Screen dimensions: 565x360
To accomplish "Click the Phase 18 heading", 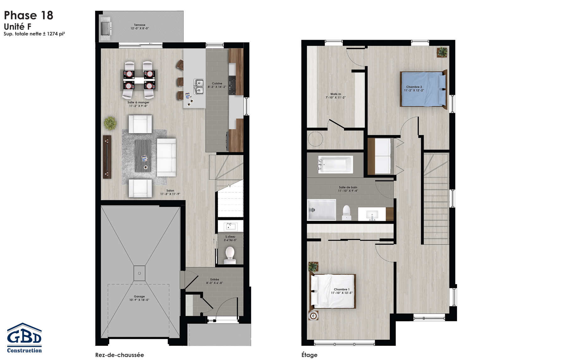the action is coord(29,15).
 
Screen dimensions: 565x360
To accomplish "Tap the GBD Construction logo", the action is coord(24,338).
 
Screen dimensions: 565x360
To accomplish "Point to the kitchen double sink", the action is coord(198,87).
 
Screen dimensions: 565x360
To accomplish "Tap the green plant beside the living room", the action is coord(110,123).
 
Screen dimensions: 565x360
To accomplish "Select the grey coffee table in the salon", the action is coord(143,156).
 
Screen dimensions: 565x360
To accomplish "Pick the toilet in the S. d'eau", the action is coord(230,255).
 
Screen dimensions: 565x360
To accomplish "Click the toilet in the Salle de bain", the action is coord(347,212).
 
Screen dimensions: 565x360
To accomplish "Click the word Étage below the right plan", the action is coord(309,355).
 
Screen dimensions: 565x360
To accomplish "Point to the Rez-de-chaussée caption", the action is coord(120,355).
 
